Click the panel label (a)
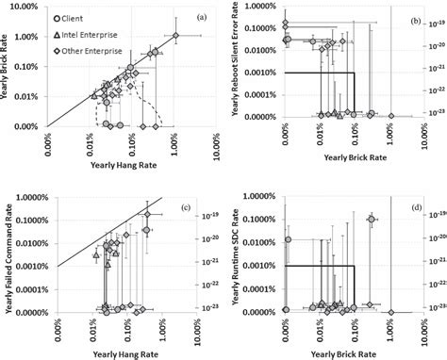point(200,18)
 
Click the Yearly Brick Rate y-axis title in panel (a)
point(8,66)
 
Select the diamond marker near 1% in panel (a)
point(174,37)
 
